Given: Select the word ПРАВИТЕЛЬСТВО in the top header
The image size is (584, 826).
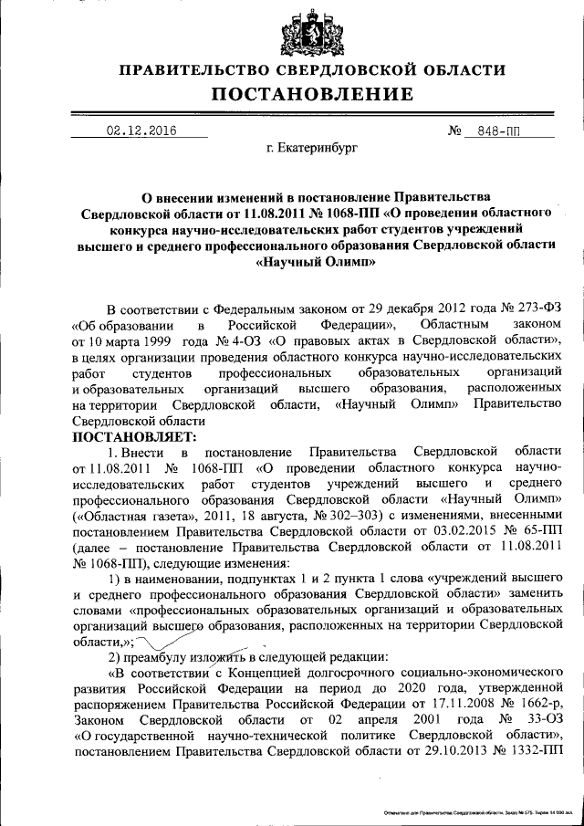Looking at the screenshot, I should pyautogui.click(x=201, y=69).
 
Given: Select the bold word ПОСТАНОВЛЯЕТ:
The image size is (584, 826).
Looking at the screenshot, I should pyautogui.click(x=127, y=436).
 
